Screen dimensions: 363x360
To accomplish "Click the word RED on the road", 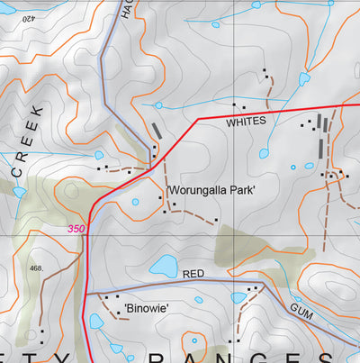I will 194,273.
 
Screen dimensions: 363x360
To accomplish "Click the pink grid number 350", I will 76,230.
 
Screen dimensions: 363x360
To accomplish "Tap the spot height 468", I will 36,268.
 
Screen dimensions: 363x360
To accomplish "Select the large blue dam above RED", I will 164,265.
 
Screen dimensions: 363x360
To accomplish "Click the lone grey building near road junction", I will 158,130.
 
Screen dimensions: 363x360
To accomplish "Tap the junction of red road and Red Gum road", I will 87,294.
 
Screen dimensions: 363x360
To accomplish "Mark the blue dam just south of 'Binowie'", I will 95,322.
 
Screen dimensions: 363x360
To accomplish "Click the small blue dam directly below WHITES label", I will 264,153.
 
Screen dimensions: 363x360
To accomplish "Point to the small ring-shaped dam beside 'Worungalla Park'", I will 135,202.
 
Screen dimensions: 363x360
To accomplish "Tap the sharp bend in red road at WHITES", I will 197,119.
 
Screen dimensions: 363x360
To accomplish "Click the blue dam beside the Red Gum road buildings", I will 238,297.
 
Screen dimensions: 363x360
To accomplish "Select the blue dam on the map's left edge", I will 19,191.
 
